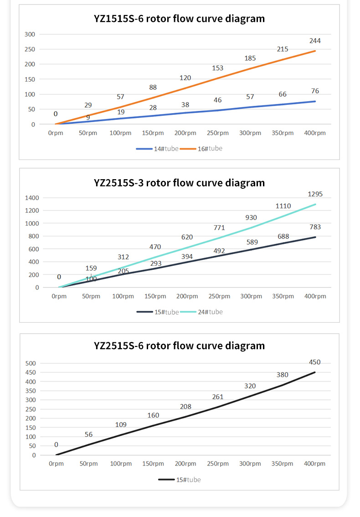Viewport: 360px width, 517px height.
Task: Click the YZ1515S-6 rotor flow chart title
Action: click(x=179, y=19)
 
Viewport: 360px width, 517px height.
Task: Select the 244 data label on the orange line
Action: click(x=315, y=41)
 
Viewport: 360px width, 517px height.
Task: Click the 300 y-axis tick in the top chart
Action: click(x=30, y=34)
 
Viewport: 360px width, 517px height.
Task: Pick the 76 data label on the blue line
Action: click(x=315, y=91)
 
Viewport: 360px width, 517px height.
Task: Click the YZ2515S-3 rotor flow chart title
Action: click(x=179, y=183)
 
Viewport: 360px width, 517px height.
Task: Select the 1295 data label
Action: click(x=315, y=194)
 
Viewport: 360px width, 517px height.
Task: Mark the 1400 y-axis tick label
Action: click(x=32, y=198)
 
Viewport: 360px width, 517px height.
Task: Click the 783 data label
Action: click(x=315, y=227)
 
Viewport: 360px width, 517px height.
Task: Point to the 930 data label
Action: click(x=251, y=218)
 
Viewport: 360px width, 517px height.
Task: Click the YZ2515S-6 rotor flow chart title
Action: click(x=179, y=346)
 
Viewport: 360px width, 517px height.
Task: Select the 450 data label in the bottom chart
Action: click(x=315, y=362)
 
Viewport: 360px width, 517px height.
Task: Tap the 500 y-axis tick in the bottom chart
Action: click(x=31, y=363)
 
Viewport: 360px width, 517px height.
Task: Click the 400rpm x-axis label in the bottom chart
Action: click(x=314, y=464)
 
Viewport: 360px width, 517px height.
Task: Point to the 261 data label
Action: click(x=218, y=397)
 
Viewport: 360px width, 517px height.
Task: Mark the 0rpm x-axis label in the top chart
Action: click(x=56, y=133)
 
